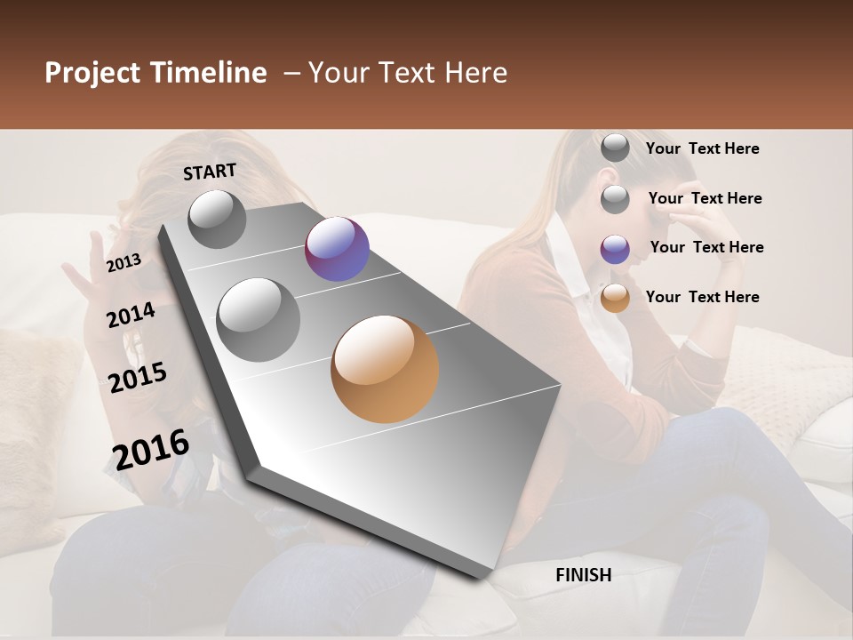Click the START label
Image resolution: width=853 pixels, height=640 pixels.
(x=210, y=172)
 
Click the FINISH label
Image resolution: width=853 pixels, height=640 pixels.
(x=583, y=575)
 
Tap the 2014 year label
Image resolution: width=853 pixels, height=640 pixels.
(x=131, y=315)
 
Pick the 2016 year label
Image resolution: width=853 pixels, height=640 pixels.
(x=150, y=449)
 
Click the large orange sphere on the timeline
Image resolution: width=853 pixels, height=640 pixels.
(x=385, y=368)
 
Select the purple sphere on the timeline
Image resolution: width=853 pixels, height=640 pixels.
(x=337, y=249)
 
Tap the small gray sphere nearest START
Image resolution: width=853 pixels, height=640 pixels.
(x=217, y=219)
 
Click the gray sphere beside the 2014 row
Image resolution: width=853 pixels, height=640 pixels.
(x=259, y=319)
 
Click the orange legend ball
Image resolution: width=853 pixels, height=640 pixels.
(x=615, y=298)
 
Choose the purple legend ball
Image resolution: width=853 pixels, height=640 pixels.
(x=615, y=249)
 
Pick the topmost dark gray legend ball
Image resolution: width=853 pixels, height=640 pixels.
(x=615, y=148)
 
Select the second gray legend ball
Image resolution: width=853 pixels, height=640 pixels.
(x=615, y=199)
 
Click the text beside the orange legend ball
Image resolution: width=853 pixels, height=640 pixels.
(x=702, y=297)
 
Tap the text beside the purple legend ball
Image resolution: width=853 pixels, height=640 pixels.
(x=706, y=247)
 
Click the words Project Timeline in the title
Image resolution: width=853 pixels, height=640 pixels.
(x=155, y=73)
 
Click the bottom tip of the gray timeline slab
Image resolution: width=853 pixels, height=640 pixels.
(x=481, y=576)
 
